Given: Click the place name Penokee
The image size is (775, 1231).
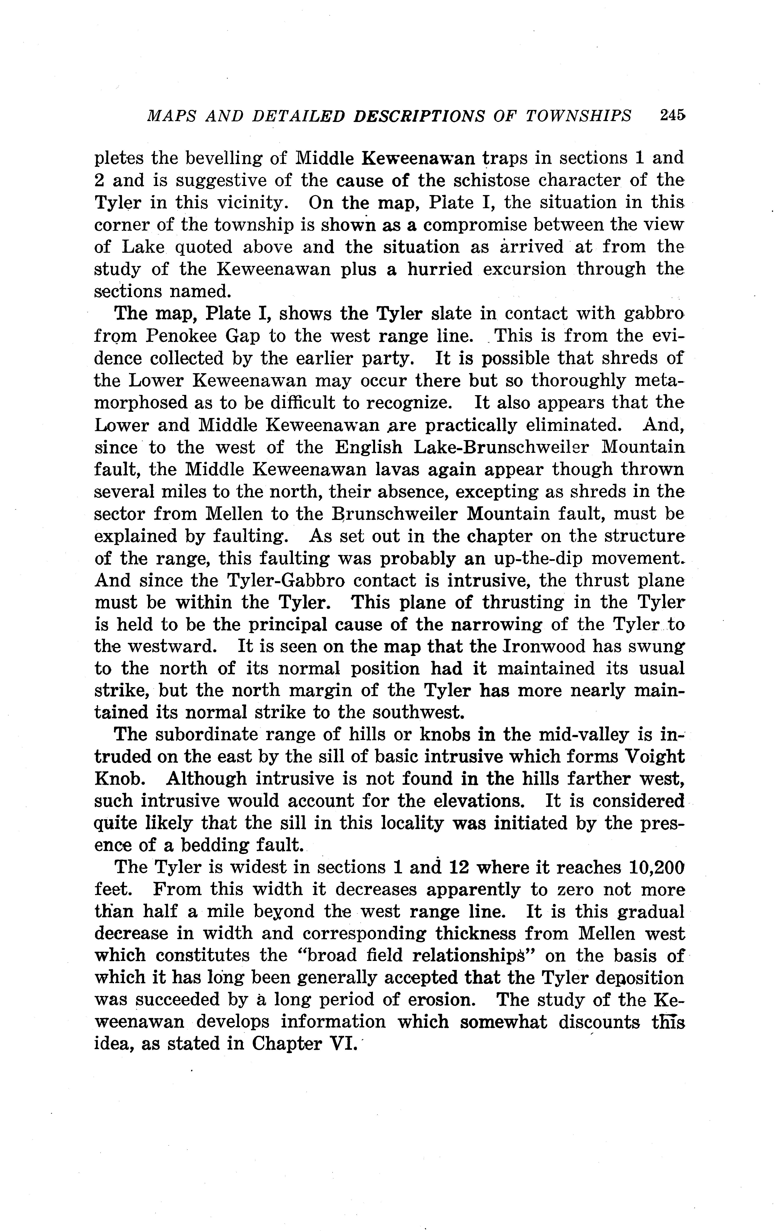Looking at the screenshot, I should pos(184,335).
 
